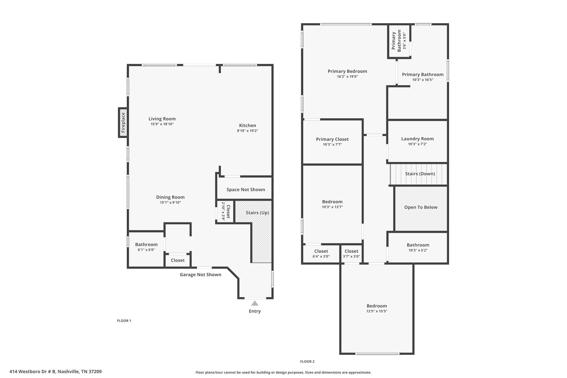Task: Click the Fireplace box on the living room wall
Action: [x=123, y=122]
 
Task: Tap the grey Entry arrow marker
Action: [x=255, y=303]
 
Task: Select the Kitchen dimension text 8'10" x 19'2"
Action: [x=248, y=131]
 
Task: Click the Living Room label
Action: [x=162, y=119]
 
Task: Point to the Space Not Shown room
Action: [x=246, y=189]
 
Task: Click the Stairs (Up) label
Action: [x=257, y=213]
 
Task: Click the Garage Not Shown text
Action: [x=200, y=274]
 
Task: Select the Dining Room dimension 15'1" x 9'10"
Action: [x=170, y=202]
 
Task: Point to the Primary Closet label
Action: [x=332, y=139]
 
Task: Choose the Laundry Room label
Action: [x=417, y=139]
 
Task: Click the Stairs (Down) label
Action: [x=420, y=174]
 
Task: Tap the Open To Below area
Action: [x=421, y=207]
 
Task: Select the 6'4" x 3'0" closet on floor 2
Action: [x=321, y=254]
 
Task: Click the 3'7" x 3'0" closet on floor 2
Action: [x=351, y=254]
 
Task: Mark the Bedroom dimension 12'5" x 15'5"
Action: [x=377, y=311]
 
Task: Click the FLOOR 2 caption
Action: [x=307, y=361]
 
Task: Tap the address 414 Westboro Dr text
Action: [x=55, y=372]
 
